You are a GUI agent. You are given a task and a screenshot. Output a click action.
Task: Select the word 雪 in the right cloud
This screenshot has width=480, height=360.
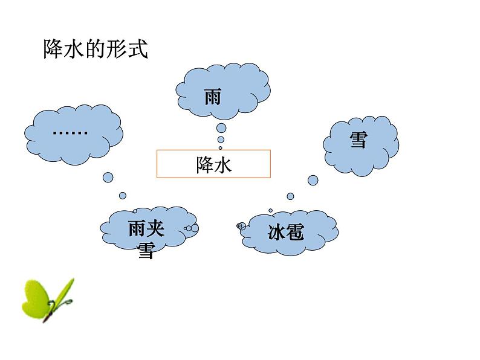pyautogui.click(x=358, y=141)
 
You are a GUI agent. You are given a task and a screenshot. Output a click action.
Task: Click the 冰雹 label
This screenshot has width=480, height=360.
pyautogui.click(x=285, y=232)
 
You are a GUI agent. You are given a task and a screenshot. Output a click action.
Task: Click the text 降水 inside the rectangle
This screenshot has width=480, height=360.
pyautogui.click(x=213, y=165)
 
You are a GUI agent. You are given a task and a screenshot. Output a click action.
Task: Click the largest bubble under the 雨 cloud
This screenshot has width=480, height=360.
pyautogui.click(x=221, y=128)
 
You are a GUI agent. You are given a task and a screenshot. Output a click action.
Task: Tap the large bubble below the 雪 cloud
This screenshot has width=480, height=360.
pyautogui.click(x=313, y=180)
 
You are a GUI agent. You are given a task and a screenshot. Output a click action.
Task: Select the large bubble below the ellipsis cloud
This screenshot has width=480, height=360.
pyautogui.click(x=108, y=177)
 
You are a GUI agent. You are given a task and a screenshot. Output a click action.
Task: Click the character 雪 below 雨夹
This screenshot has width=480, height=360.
pyautogui.click(x=146, y=250)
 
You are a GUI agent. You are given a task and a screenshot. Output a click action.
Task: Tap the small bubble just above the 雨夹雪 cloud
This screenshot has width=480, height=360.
pyautogui.click(x=123, y=195)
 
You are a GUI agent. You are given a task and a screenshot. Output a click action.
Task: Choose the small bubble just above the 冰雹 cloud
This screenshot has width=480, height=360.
pyautogui.click(x=290, y=196)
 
